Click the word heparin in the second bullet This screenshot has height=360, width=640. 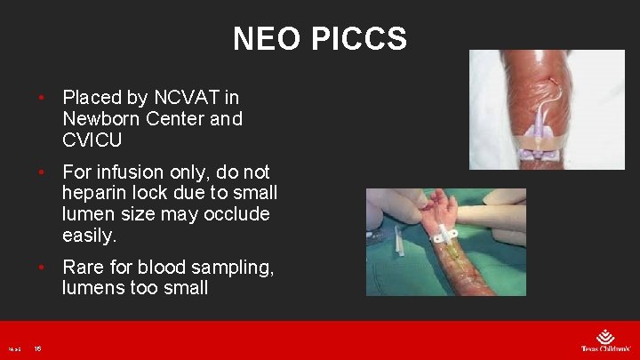click(x=95, y=193)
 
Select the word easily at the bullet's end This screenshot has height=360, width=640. click(x=89, y=236)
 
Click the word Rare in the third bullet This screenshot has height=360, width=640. click(x=83, y=267)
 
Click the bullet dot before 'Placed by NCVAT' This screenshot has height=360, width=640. click(x=41, y=97)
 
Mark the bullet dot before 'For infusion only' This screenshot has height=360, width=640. click(x=41, y=172)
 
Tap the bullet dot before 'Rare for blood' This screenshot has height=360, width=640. click(x=41, y=267)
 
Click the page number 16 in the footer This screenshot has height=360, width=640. click(x=38, y=349)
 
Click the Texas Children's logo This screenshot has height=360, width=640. click(x=605, y=341)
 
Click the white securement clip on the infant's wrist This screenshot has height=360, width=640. click(x=445, y=236)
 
